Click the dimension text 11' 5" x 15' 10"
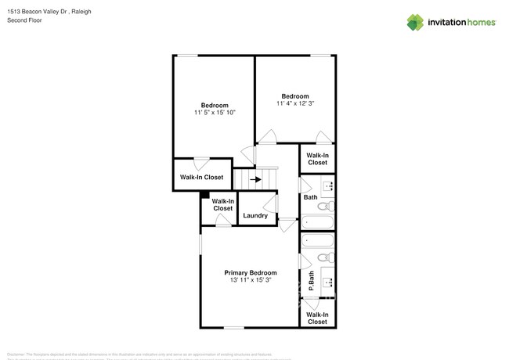coord(214,113)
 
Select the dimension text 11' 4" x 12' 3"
coord(295,103)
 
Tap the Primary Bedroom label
coord(250,272)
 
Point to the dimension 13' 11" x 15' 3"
coord(250,280)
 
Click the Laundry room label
coord(255,216)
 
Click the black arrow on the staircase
coord(255,179)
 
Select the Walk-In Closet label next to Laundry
coord(222,205)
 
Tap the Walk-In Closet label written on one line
coord(201,178)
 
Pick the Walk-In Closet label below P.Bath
coord(317,318)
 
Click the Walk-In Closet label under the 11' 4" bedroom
coord(317,159)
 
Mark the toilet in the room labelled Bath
coord(329,207)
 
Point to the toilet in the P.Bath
coord(330,257)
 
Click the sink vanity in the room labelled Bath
coord(330,186)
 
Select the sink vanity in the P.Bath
coord(330,279)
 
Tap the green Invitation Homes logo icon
coord(414,22)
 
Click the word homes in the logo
coord(479,22)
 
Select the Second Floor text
coord(24,20)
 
